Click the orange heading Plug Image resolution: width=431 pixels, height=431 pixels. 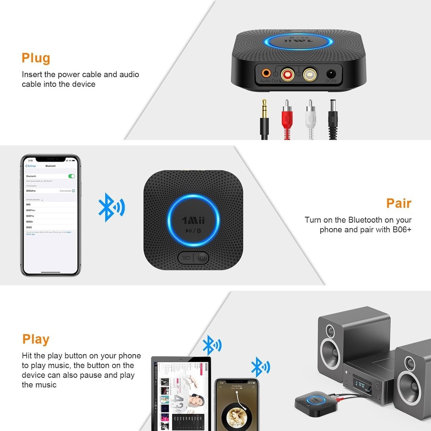(x=36, y=58)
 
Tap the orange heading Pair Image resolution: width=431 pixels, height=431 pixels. (x=399, y=203)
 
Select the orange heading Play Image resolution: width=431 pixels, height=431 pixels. (x=36, y=339)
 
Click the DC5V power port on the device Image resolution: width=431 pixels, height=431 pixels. (x=331, y=74)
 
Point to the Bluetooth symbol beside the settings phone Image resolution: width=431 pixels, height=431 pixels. (x=111, y=207)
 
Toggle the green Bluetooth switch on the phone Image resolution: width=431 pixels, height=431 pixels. (x=72, y=176)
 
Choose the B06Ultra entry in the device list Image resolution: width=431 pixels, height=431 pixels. (x=32, y=191)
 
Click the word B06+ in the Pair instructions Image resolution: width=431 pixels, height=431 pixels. (x=403, y=229)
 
